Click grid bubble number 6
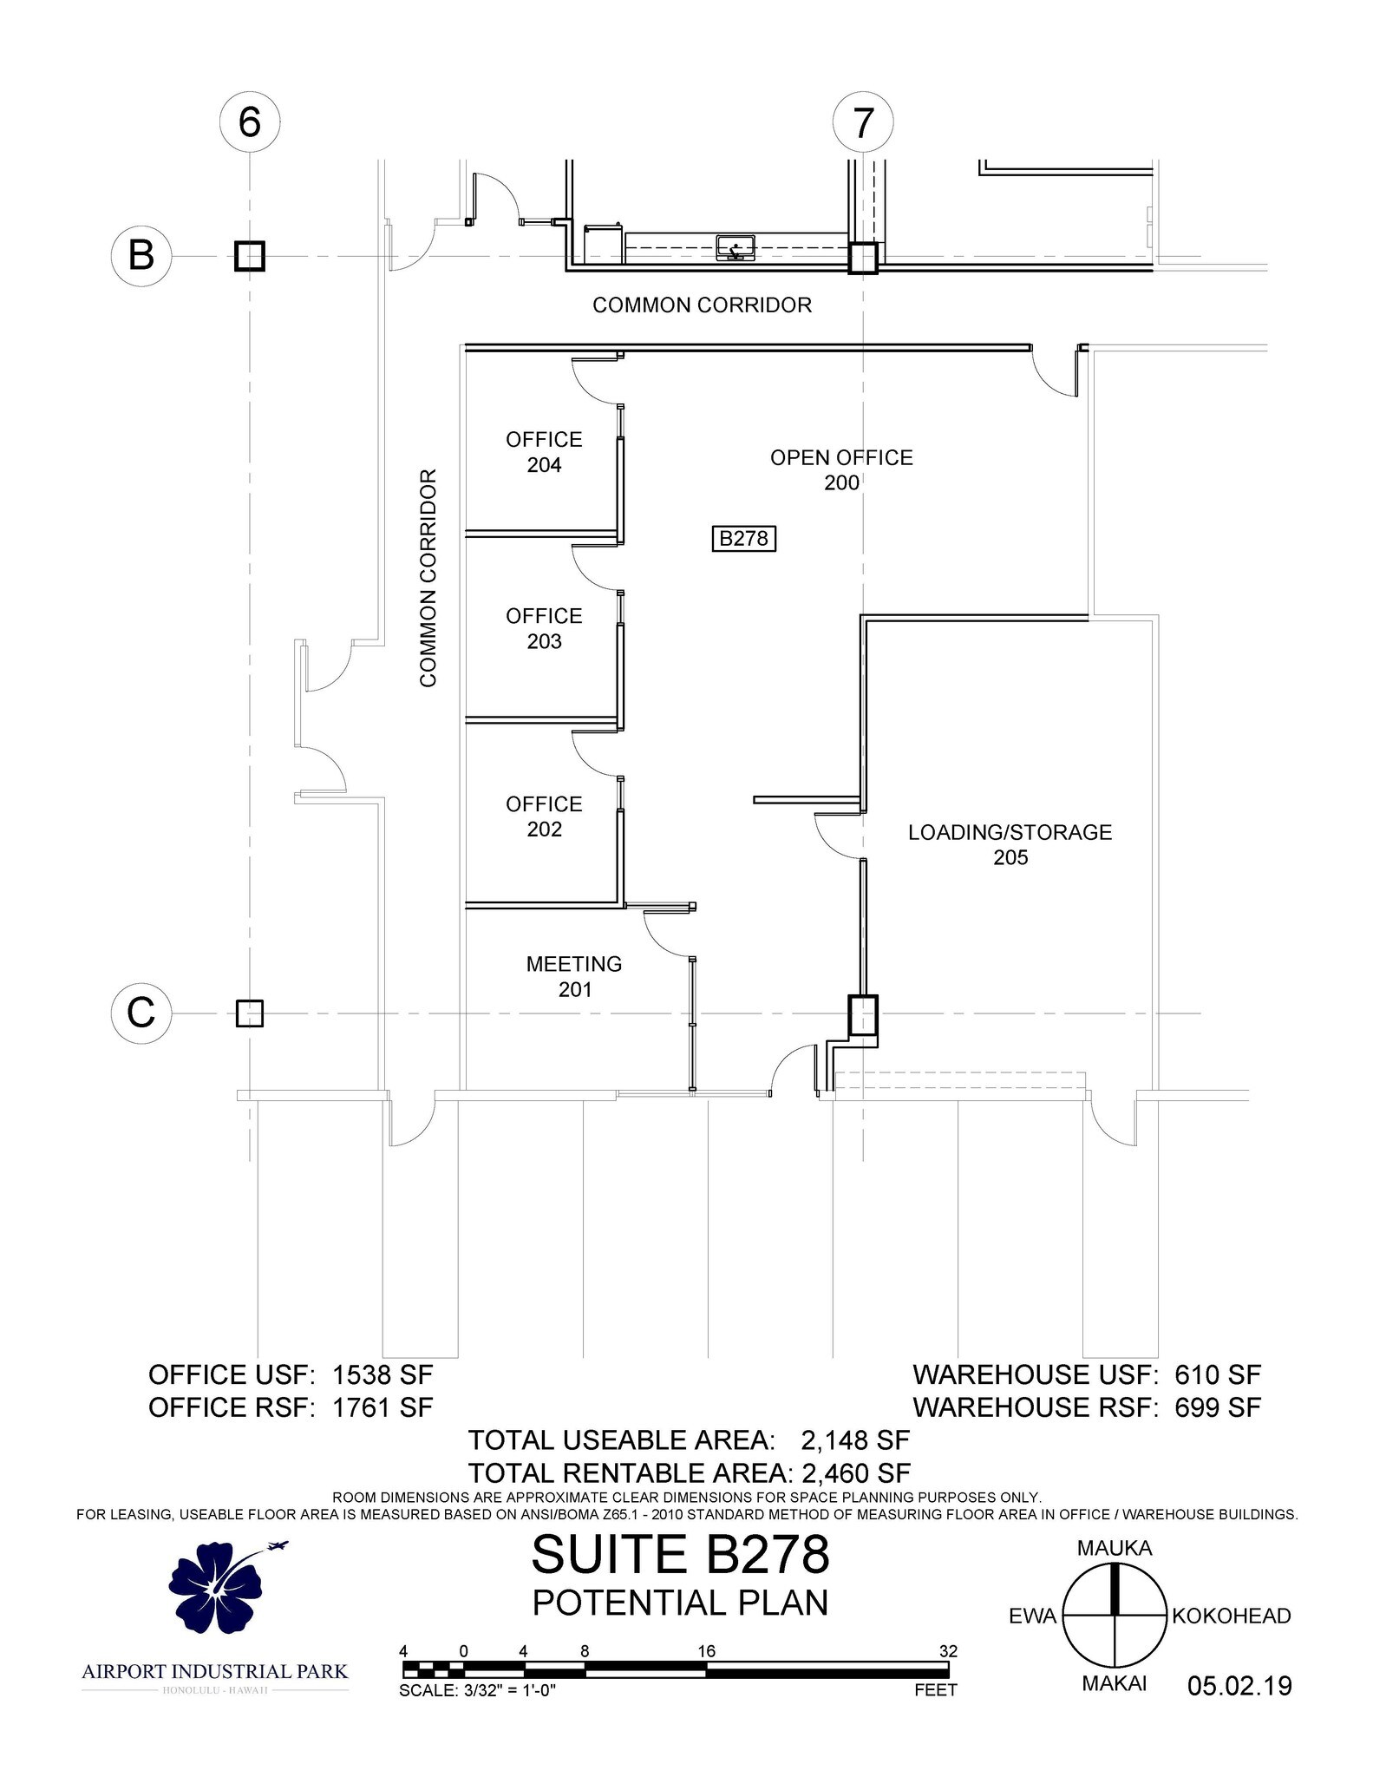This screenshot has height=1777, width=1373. pos(249,122)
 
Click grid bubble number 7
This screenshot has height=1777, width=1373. pos(863,123)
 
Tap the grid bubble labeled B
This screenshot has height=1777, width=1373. pos(141,257)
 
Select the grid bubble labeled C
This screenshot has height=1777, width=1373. pos(141,1013)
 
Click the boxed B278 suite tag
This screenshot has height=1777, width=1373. pos(743,539)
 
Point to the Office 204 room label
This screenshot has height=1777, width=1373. pos(544,452)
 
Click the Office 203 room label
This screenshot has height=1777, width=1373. pos(544,628)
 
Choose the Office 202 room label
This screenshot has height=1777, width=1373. pos(544,816)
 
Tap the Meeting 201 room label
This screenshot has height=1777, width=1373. pos(574,976)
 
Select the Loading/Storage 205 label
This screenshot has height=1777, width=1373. pos(1010,844)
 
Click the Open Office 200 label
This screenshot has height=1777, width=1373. pos(841,469)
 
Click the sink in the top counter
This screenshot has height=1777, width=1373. pos(736,248)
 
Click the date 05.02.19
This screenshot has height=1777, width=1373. pos(1239,1685)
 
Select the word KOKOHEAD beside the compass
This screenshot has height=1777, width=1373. pos(1231,1616)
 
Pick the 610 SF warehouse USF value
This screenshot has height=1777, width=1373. pos(1218,1374)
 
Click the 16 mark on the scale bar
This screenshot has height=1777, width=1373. pos(707,1651)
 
